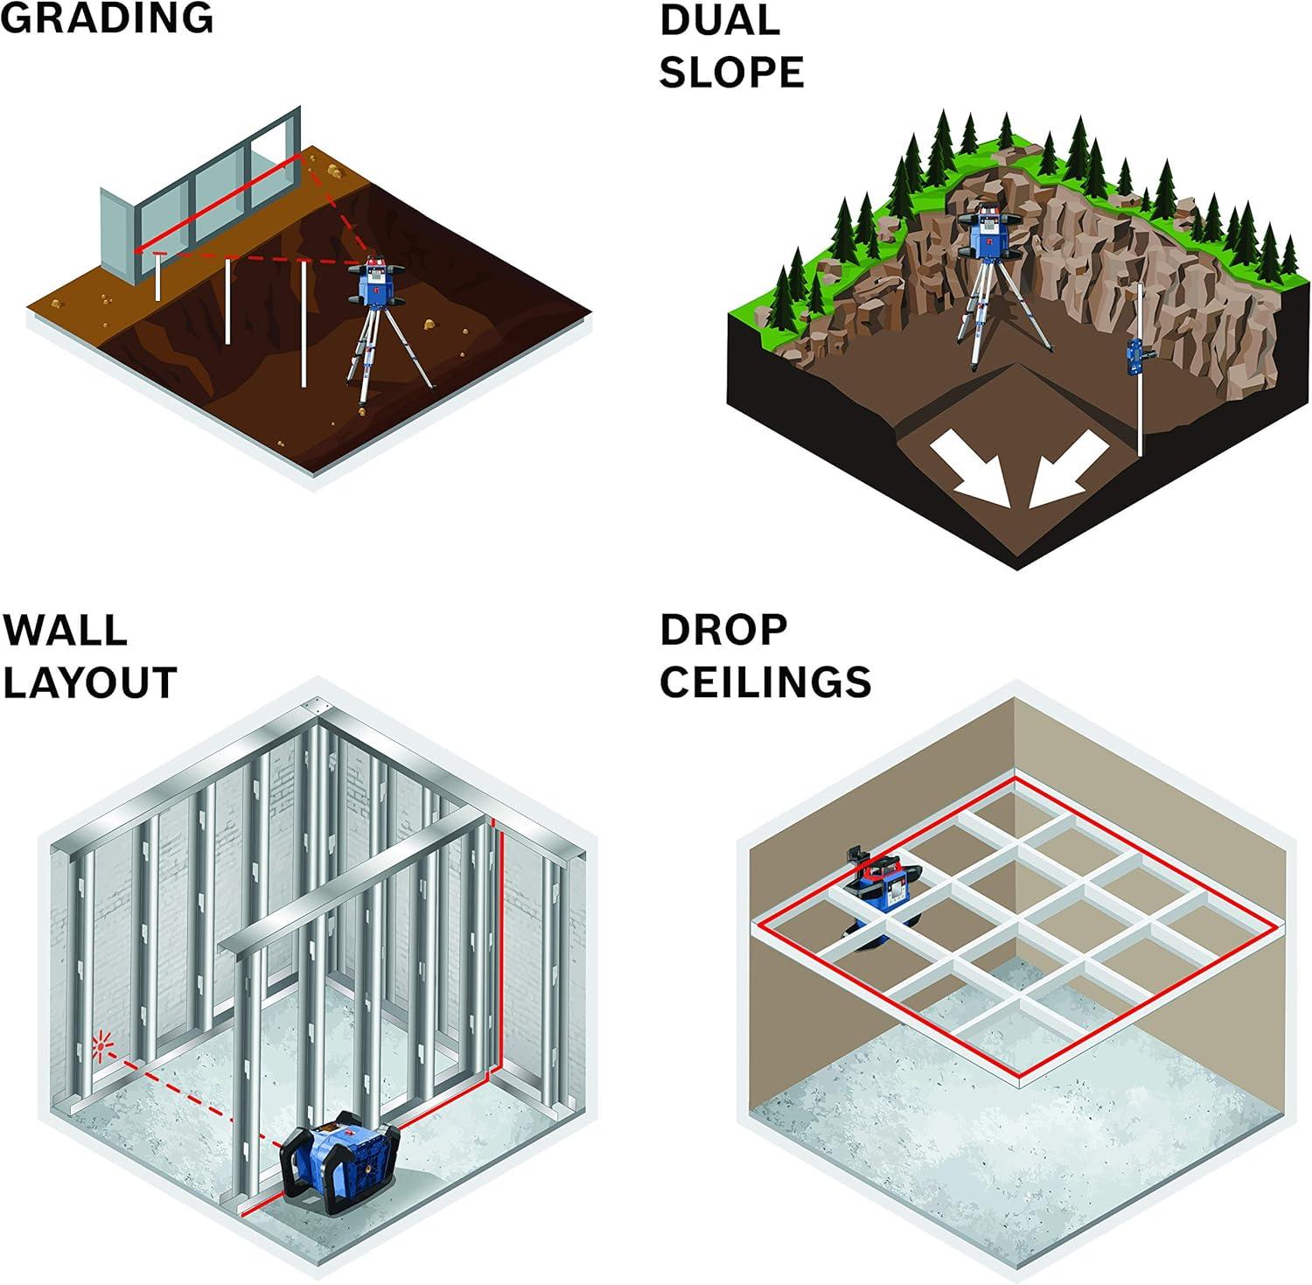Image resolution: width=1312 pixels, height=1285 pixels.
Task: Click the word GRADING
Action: [107, 17]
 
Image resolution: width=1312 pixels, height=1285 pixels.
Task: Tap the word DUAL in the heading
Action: [719, 20]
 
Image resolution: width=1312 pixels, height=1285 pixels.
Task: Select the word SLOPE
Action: [731, 72]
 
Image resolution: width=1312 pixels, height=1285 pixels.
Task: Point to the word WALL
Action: [65, 629]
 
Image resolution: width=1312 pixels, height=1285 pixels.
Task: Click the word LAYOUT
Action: [90, 681]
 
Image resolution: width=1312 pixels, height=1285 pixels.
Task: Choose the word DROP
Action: [724, 629]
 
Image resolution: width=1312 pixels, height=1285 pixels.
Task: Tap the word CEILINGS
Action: [765, 681]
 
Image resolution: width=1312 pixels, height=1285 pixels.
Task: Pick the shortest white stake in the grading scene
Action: [158, 276]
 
